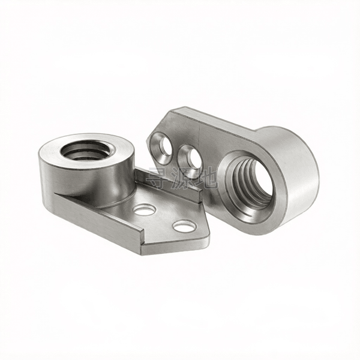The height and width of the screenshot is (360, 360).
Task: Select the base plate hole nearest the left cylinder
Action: point(144,209)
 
